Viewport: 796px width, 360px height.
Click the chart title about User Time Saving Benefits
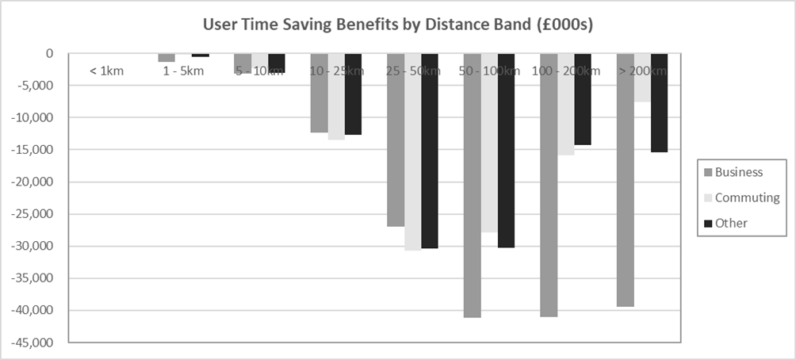398,25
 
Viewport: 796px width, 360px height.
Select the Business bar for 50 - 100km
473,186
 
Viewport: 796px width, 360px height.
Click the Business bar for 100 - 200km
549,186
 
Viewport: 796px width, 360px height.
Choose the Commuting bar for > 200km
642,78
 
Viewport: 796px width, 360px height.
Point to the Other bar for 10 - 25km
353,94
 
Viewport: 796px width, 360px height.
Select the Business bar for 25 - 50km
396,140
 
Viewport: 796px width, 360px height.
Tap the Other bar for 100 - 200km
583,100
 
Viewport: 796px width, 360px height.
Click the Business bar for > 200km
625,180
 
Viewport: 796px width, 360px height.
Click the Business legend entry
738,172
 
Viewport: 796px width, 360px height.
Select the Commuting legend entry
747,197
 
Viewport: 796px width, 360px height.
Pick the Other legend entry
731,223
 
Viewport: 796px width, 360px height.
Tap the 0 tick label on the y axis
49,54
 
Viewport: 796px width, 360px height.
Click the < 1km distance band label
105,71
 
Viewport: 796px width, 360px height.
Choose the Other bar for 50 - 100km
507,151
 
